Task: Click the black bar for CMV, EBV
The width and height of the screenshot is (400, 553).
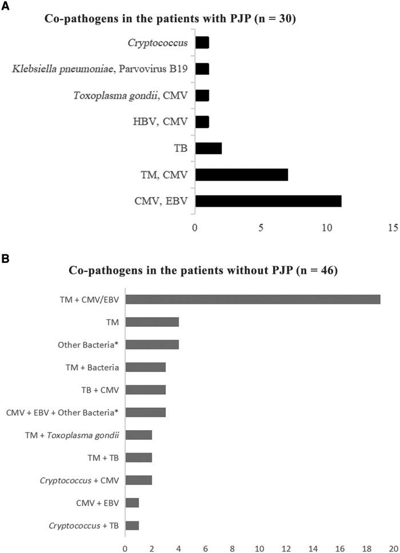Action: (x=268, y=201)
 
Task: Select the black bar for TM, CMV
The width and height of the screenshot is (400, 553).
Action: (x=241, y=175)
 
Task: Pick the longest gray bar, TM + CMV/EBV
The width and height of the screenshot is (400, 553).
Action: (x=253, y=299)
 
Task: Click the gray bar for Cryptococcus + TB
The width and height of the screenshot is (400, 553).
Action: (x=132, y=525)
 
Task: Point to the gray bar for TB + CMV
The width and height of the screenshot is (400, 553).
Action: (x=145, y=390)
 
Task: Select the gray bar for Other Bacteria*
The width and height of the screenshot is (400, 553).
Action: (x=152, y=344)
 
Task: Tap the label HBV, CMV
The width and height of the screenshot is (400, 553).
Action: (x=166, y=122)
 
